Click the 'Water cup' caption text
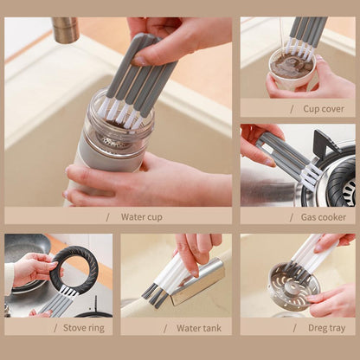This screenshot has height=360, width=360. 141,217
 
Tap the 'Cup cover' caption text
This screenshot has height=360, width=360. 322,108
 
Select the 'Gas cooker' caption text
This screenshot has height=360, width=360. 322,217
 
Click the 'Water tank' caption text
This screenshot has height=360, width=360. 199,327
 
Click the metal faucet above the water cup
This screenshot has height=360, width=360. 65,29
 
